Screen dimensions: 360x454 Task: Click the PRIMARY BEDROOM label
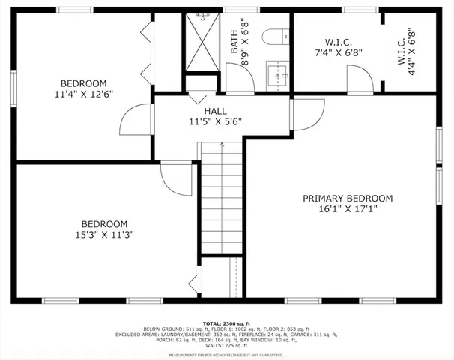click(347, 198)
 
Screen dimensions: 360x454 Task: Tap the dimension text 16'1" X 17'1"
click(347, 209)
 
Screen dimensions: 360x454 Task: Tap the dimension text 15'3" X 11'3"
click(104, 235)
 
